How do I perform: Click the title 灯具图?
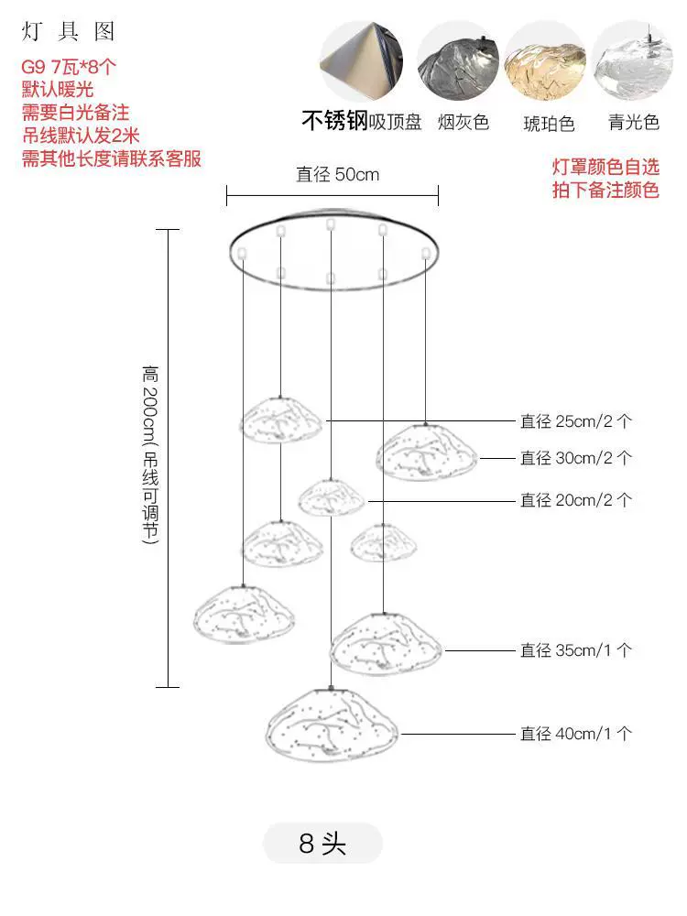tap(68, 31)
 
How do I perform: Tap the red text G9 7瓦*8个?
tap(69, 67)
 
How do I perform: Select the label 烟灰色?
tap(463, 122)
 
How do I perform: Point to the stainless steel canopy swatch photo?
tap(362, 60)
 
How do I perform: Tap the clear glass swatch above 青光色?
tap(633, 62)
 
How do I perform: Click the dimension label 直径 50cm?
tap(338, 174)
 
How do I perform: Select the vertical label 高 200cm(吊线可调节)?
tap(150, 455)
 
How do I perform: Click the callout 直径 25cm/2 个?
tap(576, 421)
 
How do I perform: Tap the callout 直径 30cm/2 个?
tap(576, 458)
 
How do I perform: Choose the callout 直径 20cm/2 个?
tap(576, 500)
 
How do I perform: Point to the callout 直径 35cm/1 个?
tap(576, 650)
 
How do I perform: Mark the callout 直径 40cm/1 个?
tap(576, 734)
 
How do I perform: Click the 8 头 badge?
tap(322, 843)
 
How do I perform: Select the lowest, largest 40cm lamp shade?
tap(332, 725)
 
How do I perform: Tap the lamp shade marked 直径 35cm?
tap(386, 644)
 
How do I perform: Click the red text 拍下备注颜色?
tap(605, 190)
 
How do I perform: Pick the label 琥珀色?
tap(549, 124)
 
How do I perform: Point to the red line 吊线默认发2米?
tap(81, 136)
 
